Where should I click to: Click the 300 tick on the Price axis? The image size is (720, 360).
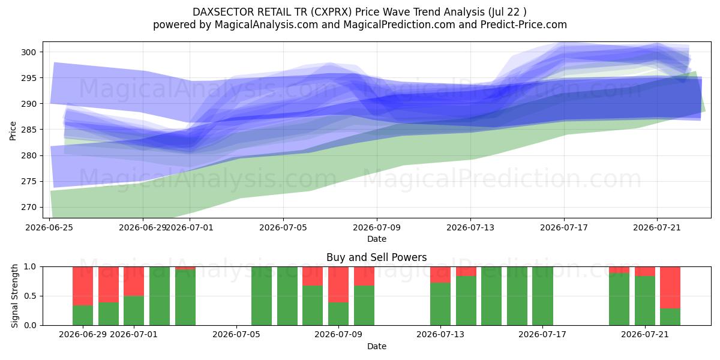pyautogui.click(x=29, y=52)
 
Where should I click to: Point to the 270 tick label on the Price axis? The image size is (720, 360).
pyautogui.click(x=29, y=208)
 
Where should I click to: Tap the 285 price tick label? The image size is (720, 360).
pyautogui.click(x=29, y=130)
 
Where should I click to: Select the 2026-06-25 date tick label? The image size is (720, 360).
pyautogui.click(x=49, y=227)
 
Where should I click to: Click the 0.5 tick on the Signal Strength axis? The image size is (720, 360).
pyautogui.click(x=30, y=296)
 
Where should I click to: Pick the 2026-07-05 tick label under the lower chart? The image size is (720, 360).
pyautogui.click(x=236, y=335)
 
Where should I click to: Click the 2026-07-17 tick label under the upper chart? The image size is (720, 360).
pyautogui.click(x=564, y=227)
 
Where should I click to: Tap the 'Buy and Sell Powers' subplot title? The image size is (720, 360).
pyautogui.click(x=377, y=257)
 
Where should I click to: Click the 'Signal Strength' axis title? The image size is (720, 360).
pyautogui.click(x=14, y=296)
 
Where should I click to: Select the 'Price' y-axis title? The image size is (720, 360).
pyautogui.click(x=13, y=131)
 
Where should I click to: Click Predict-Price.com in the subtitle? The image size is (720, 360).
pyautogui.click(x=524, y=25)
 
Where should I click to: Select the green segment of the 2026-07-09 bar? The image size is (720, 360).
pyautogui.click(x=338, y=314)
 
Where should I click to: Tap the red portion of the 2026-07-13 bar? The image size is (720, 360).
pyautogui.click(x=440, y=275)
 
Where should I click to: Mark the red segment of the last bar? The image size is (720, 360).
pyautogui.click(x=670, y=287)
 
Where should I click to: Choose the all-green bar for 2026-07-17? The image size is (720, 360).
pyautogui.click(x=542, y=296)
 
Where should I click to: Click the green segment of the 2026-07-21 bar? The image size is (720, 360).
pyautogui.click(x=645, y=301)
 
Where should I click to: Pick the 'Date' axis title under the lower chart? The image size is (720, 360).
pyautogui.click(x=377, y=346)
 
